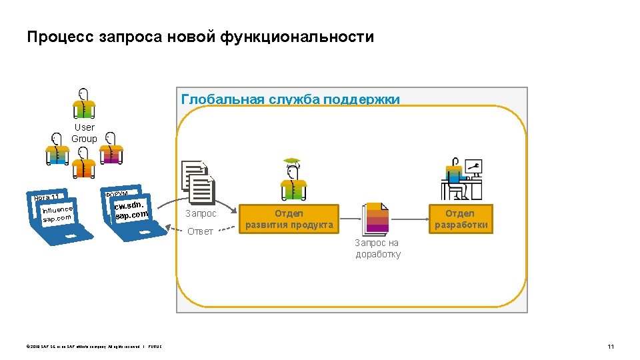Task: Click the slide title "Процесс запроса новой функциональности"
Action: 200,37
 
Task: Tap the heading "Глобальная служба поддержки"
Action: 290,99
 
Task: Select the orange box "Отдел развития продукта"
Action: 289,219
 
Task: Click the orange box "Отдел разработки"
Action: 461,219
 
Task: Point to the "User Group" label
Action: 85,133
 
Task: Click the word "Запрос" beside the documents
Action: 201,213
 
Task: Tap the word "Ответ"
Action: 200,231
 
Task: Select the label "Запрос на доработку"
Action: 378,249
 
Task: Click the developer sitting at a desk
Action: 453,180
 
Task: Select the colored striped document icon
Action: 375,219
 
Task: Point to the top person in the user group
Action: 85,103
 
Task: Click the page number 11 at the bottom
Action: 610,346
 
